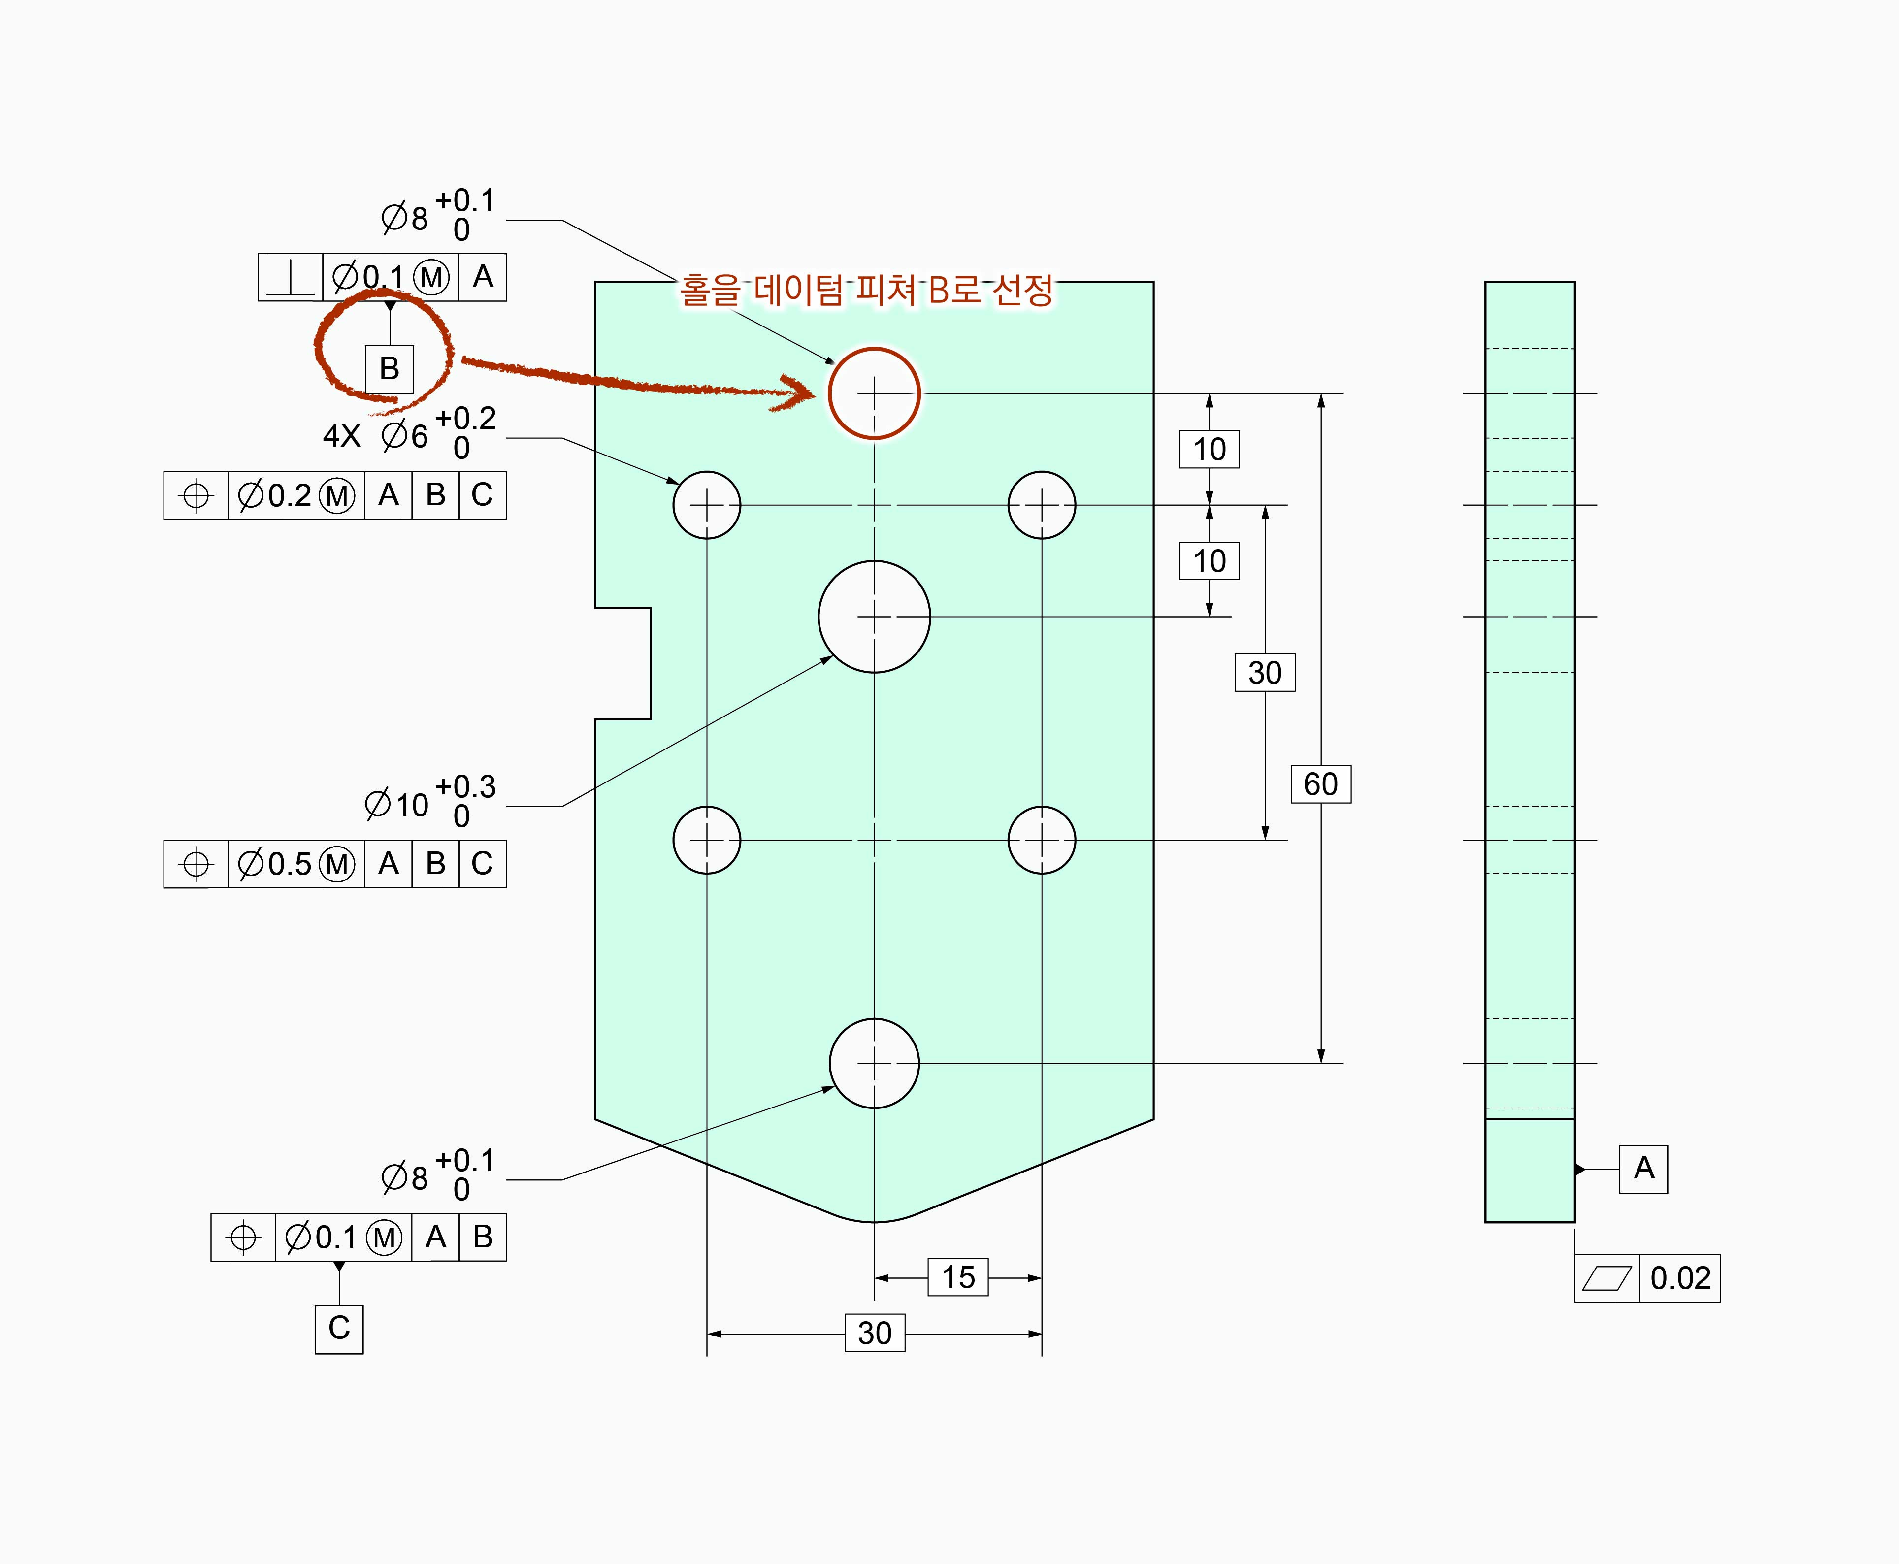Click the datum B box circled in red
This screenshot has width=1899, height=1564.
(389, 368)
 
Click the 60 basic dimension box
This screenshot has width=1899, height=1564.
(1321, 784)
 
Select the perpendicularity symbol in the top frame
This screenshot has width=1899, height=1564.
(290, 277)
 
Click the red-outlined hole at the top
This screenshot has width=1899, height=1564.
(874, 393)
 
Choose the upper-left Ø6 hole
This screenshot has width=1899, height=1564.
(707, 505)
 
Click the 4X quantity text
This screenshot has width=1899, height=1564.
(341, 436)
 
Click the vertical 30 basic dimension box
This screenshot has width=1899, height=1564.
(1265, 673)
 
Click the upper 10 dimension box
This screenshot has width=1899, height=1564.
(1209, 449)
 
